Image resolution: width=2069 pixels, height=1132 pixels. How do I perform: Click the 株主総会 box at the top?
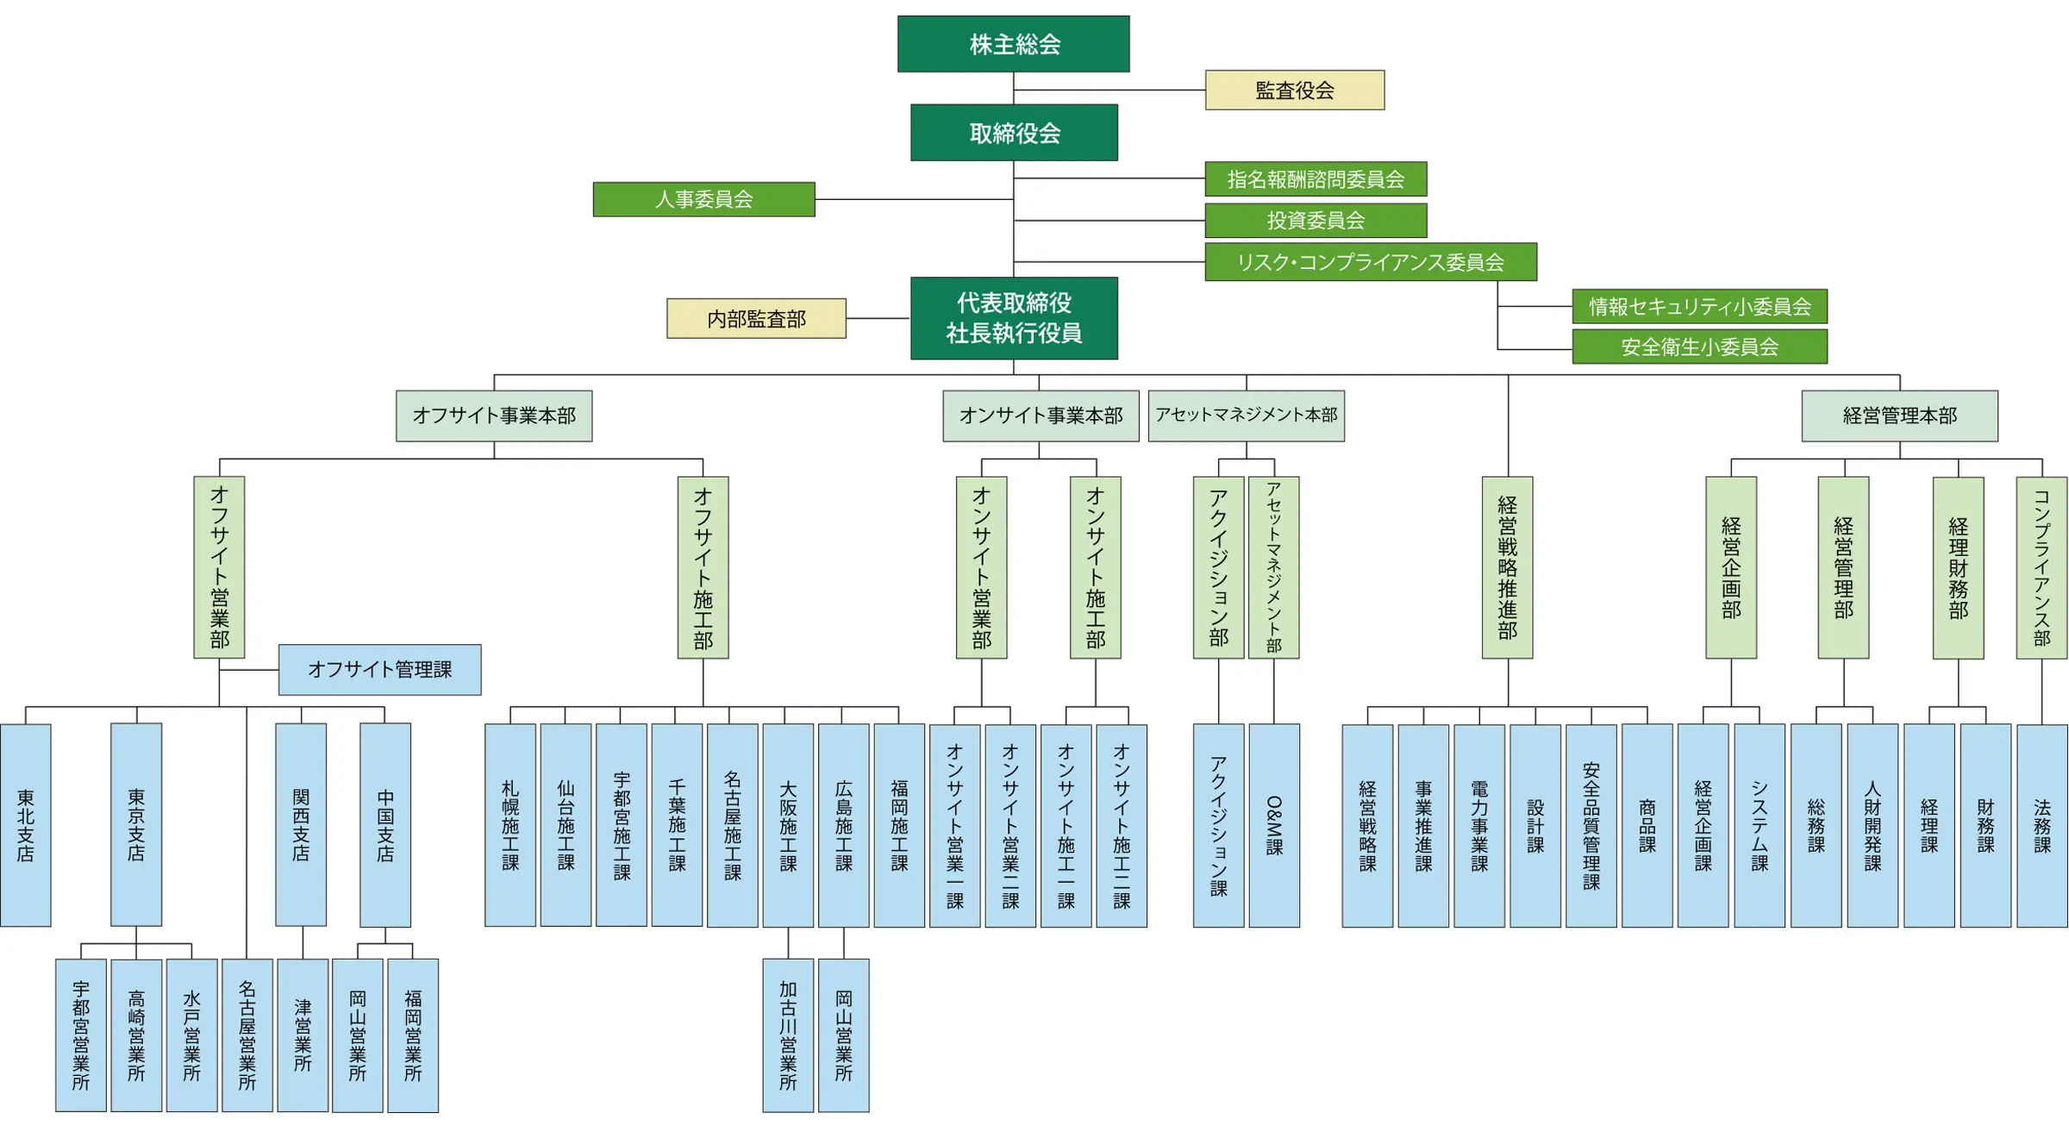click(x=1013, y=44)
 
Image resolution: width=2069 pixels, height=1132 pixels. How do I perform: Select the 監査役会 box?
click(x=1295, y=90)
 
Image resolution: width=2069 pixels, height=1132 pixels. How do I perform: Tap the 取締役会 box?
click(x=1014, y=133)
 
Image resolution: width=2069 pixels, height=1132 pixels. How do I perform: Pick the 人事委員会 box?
click(x=703, y=199)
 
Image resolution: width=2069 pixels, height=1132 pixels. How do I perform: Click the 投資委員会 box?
click(x=1316, y=221)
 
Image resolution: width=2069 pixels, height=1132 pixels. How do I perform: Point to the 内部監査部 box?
click(x=756, y=319)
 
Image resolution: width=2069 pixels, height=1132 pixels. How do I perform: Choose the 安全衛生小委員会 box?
click(x=1699, y=347)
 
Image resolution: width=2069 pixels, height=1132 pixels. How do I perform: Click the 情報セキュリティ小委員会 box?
click(x=1699, y=306)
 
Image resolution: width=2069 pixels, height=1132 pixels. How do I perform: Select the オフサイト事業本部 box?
click(x=494, y=416)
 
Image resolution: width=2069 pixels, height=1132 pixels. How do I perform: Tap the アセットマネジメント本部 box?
click(x=1246, y=416)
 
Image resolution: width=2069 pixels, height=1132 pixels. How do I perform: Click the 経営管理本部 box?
click(x=1899, y=416)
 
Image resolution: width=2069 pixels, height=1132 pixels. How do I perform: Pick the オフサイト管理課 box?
click(x=379, y=670)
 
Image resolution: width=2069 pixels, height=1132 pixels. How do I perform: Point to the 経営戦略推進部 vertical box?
click(x=1507, y=567)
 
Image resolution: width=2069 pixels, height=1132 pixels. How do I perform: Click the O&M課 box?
click(x=1274, y=825)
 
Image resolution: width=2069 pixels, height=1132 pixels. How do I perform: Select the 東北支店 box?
click(x=26, y=825)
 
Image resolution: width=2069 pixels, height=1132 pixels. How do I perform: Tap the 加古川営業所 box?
click(x=788, y=1035)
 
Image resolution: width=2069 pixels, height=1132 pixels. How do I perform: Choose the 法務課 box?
click(x=2042, y=825)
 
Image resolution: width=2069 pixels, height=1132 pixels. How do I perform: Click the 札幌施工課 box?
click(x=510, y=825)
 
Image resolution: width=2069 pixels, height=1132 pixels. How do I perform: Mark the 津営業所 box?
click(x=303, y=1035)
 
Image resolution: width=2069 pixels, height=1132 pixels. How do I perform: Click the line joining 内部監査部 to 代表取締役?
click(x=878, y=319)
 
